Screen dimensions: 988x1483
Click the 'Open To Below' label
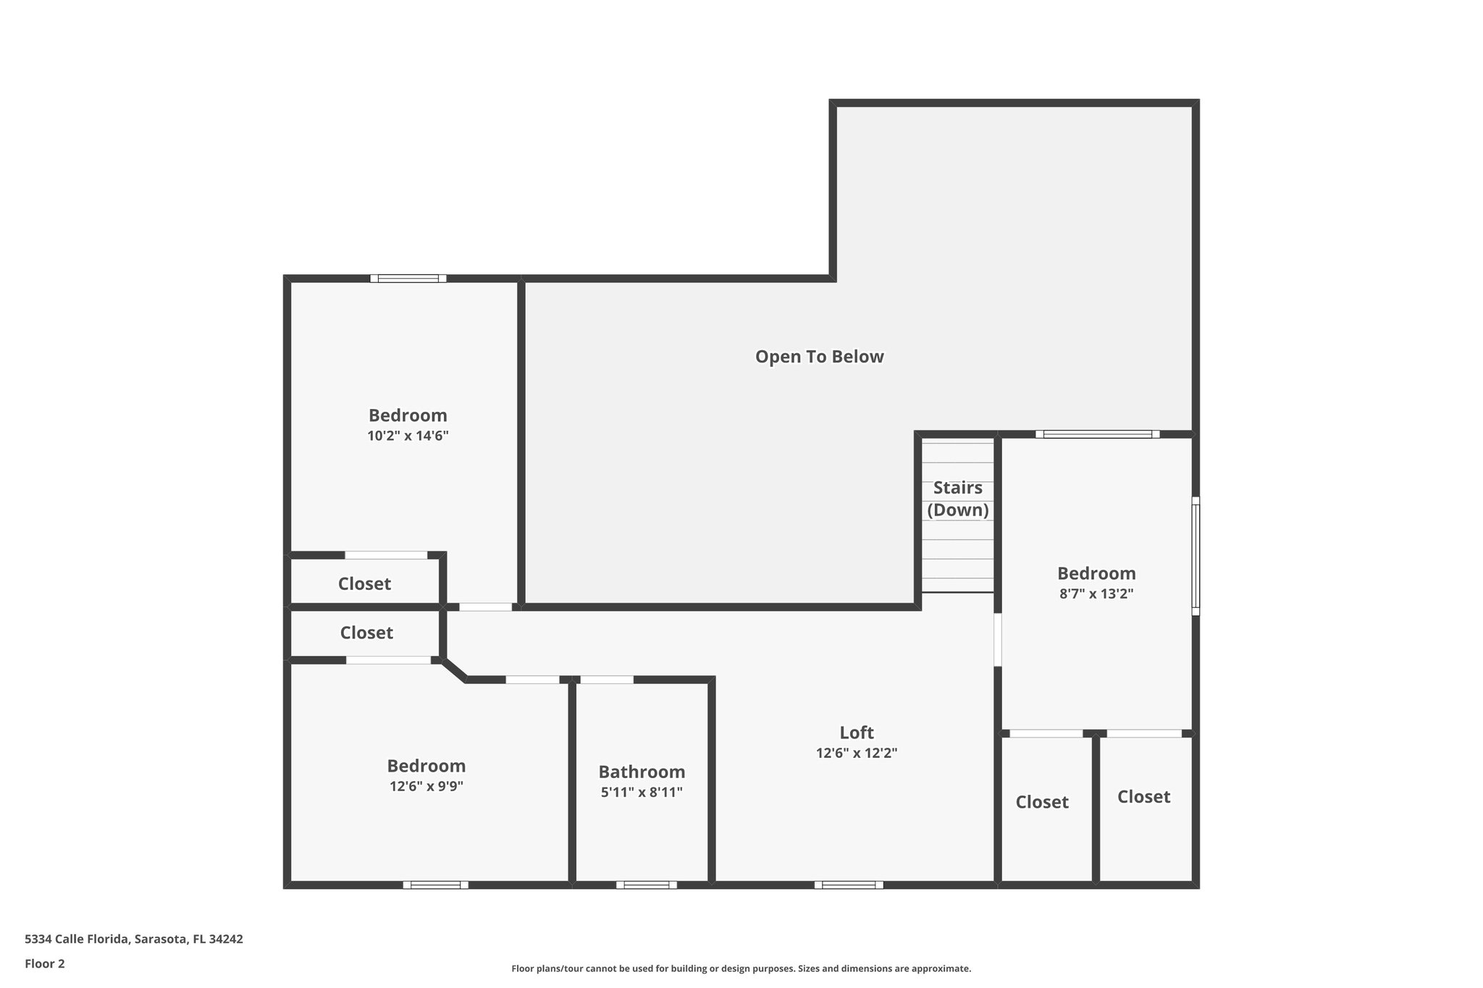[x=819, y=357]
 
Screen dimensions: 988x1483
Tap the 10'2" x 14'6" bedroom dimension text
[x=408, y=436]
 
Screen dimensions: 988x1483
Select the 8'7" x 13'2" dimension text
[x=1096, y=594]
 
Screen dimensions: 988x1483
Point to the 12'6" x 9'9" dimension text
[x=426, y=786]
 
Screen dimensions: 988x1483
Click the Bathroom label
[x=642, y=772]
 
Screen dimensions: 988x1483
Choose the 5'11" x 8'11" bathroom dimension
[x=642, y=792]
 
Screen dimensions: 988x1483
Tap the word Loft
[x=857, y=732]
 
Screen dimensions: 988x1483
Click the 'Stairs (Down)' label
[x=957, y=499]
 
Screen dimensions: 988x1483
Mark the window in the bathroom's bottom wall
[x=646, y=884]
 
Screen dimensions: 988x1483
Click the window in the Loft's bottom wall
[x=848, y=884]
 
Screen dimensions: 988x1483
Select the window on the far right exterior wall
[x=1196, y=556]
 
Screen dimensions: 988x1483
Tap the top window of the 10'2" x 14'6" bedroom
[x=408, y=278]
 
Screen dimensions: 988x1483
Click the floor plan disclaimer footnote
[x=741, y=968]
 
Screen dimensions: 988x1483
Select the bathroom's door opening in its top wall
[x=607, y=680]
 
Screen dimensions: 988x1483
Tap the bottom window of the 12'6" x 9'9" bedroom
[x=435, y=884]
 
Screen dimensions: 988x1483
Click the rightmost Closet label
[x=1143, y=797]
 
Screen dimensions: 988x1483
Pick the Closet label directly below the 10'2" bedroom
[x=364, y=583]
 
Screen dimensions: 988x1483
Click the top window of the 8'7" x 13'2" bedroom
[x=1097, y=434]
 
